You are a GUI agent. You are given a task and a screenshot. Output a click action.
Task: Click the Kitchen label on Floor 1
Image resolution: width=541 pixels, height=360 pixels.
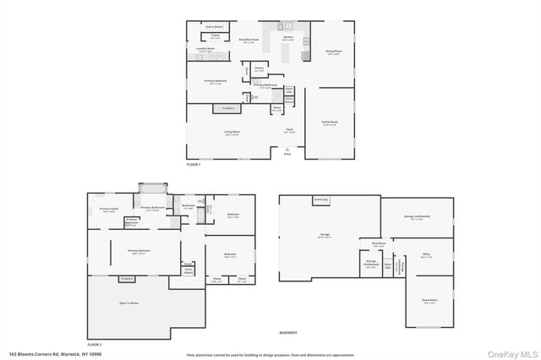coord(287,38)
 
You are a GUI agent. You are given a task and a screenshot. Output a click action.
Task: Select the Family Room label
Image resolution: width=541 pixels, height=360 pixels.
coord(328,123)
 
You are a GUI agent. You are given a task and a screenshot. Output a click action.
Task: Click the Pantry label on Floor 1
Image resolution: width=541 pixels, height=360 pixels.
coord(260,69)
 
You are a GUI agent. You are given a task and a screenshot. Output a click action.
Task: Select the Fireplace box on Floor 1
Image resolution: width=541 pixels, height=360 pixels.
coord(227,109)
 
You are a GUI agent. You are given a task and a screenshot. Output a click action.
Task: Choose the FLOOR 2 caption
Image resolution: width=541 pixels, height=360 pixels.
coord(94,345)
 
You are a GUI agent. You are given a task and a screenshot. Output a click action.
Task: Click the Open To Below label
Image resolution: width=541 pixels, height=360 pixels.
coord(128,302)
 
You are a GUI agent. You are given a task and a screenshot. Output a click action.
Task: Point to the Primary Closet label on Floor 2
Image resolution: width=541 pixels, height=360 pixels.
coord(109,210)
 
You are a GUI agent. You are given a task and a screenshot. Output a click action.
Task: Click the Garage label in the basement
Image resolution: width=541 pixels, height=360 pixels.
coord(325,235)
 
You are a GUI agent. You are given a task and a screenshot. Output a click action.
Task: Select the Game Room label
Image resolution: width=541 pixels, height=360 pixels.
coord(429,300)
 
